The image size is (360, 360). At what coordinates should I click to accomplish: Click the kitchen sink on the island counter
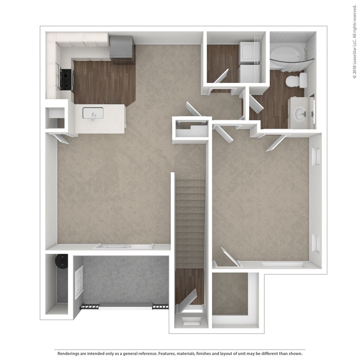pos(93,113)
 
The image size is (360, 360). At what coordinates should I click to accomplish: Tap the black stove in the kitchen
pos(65,79)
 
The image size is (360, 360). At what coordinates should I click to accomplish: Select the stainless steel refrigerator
pos(122,49)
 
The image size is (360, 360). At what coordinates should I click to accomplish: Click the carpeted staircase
pos(190,221)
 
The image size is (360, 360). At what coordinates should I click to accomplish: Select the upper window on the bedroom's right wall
pos(316,156)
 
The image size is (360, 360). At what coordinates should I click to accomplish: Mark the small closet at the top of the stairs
pos(192,130)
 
